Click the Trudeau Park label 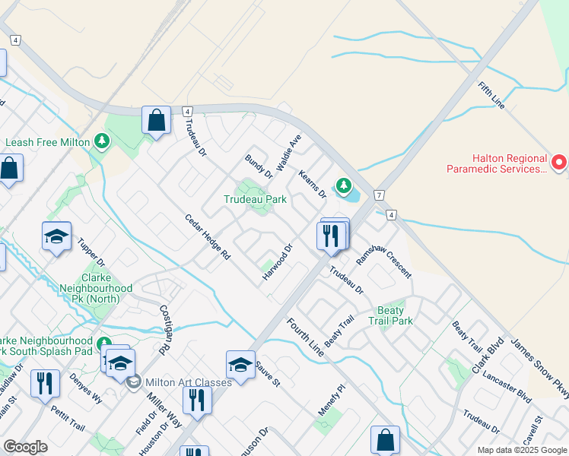coord(255,200)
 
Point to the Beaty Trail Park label coord(396,315)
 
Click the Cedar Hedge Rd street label coord(207,236)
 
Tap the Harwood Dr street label coord(278,261)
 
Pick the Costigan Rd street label coord(164,330)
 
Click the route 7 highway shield coord(379,195)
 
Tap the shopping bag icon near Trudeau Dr coord(156,122)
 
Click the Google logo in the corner coord(25,447)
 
